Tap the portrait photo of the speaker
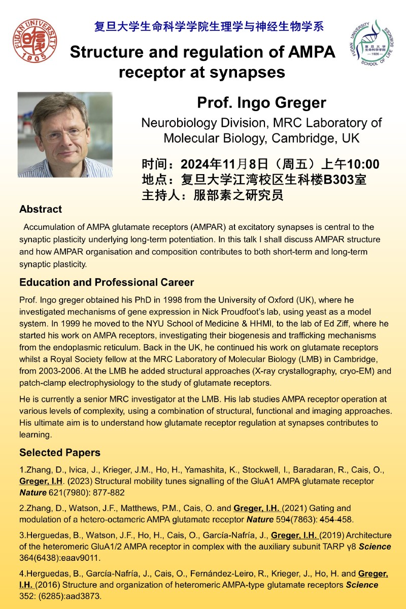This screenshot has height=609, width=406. click(x=65, y=134)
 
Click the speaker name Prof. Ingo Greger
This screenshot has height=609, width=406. click(x=261, y=103)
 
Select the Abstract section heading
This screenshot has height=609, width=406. click(x=41, y=209)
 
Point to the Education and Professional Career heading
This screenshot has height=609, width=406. click(x=107, y=282)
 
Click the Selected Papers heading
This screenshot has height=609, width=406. click(x=60, y=452)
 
